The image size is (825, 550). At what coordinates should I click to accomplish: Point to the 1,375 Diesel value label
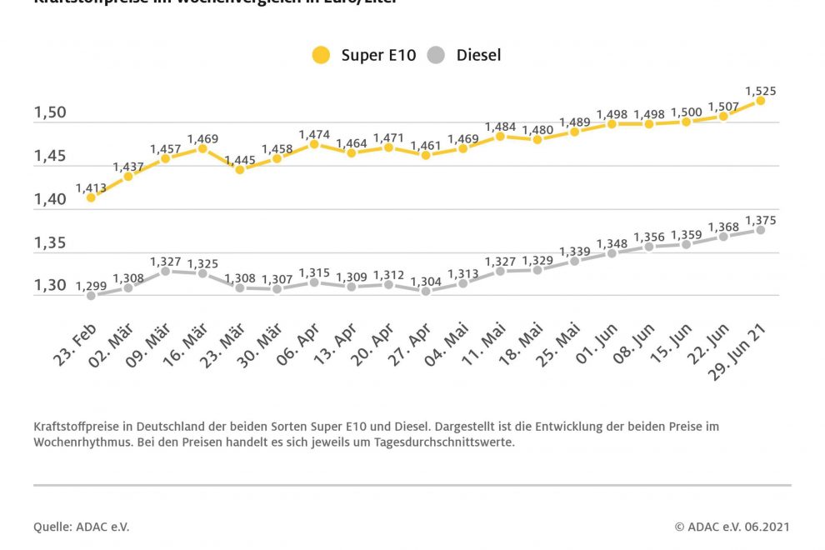(x=760, y=219)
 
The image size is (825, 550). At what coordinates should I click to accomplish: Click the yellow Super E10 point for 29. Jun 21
(x=760, y=101)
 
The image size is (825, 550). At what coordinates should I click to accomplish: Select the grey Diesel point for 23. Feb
(x=91, y=295)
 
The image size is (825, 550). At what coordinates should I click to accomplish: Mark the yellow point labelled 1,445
(x=240, y=169)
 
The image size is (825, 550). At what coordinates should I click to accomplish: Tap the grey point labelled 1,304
(x=426, y=291)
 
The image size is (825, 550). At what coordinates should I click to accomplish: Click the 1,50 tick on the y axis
(x=50, y=113)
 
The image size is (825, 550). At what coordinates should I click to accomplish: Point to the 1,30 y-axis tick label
(x=50, y=285)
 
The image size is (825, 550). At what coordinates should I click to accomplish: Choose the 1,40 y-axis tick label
(x=50, y=200)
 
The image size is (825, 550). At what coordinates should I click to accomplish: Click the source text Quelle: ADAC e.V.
(x=82, y=527)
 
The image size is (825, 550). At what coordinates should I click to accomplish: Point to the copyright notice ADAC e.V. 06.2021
(x=731, y=527)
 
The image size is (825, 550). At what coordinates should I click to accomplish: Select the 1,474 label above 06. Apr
(x=314, y=134)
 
